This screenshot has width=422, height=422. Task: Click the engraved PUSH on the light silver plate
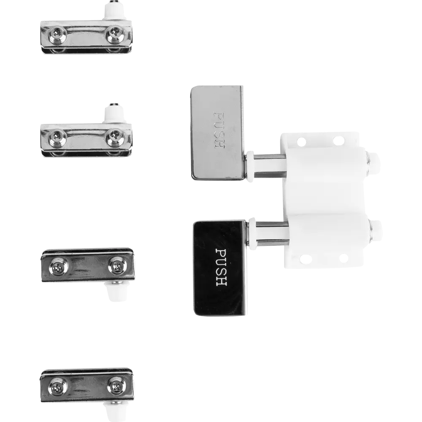(219, 130)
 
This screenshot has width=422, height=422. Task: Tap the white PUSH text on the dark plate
(222, 267)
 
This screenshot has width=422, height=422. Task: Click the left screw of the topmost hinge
(57, 35)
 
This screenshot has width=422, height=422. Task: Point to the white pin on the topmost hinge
(115, 11)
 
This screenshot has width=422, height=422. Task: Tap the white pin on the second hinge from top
(115, 113)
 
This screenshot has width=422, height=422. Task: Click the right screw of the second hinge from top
(115, 136)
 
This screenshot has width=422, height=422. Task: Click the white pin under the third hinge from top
(115, 291)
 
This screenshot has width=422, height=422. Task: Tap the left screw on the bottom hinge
(57, 387)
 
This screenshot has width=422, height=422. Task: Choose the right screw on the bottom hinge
(116, 387)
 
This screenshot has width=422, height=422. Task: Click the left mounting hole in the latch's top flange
(301, 141)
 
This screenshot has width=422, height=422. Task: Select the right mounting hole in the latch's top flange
(338, 140)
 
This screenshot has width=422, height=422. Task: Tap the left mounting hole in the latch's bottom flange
(305, 260)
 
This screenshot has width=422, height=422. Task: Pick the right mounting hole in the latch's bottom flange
(343, 258)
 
